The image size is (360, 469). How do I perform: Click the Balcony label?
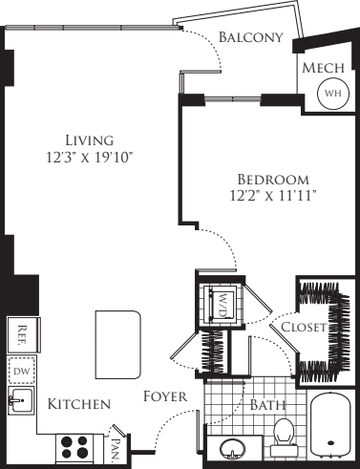coord(251,37)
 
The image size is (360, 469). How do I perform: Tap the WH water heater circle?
coord(331,94)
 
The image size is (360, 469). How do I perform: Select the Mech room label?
coord(324,69)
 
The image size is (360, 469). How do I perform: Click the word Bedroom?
coord(273,179)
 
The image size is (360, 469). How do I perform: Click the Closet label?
coord(305,328)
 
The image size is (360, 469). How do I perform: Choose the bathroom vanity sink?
coord(231,447)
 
